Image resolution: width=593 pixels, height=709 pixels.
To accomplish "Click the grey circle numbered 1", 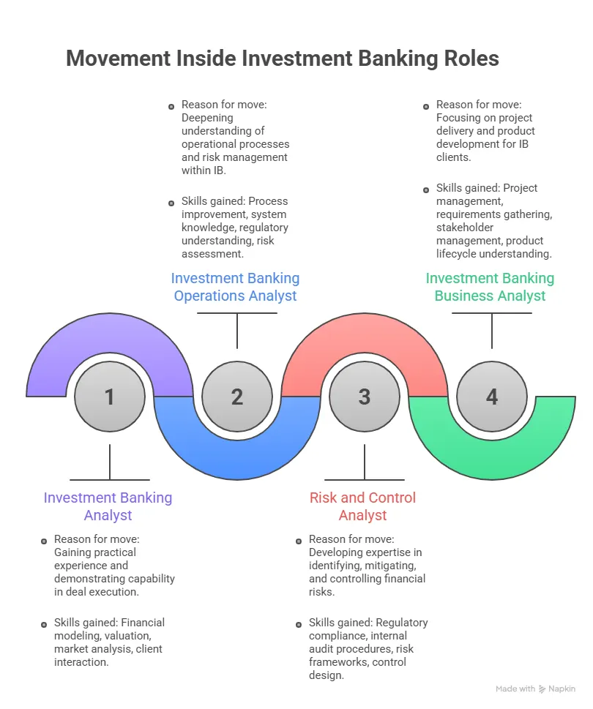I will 109,397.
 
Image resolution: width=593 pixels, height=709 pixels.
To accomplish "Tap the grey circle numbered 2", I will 236,397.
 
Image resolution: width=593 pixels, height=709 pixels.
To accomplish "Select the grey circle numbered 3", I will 364,397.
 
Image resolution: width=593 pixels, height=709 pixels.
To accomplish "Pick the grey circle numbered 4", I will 491,397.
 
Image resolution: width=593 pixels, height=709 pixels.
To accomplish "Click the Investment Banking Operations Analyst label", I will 235,287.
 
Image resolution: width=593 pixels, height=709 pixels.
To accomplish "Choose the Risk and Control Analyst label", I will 362,506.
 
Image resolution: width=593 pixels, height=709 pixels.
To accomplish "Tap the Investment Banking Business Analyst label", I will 490,287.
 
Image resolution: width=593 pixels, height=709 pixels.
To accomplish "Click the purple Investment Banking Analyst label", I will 108,506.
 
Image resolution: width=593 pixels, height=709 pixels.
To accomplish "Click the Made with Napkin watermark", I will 535,689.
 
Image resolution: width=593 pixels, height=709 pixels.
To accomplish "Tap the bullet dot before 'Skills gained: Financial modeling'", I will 44,623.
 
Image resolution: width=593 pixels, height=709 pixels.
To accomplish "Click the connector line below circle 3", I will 364,461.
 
